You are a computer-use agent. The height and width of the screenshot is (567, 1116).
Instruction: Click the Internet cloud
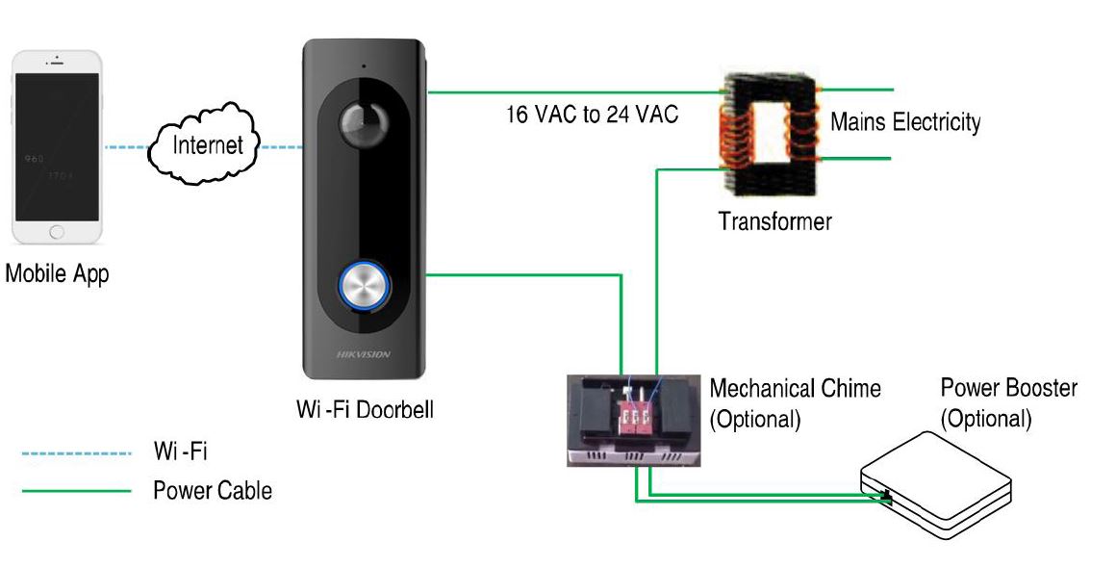click(x=205, y=146)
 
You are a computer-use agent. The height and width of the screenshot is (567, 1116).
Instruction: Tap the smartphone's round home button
click(x=57, y=232)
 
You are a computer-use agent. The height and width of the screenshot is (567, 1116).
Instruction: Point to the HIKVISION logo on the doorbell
click(x=364, y=354)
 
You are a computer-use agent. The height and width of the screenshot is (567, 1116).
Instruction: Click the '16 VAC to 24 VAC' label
click(x=593, y=115)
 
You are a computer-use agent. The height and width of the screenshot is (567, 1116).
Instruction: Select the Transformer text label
click(x=774, y=221)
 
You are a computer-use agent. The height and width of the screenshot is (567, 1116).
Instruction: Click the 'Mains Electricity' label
click(x=905, y=122)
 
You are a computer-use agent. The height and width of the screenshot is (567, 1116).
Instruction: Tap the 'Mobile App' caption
click(x=58, y=273)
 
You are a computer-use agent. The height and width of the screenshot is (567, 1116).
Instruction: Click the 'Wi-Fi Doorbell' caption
click(x=366, y=410)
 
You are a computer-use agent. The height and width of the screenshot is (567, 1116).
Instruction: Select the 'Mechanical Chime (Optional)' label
click(x=795, y=403)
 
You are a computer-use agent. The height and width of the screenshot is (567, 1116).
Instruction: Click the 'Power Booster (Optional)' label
click(x=1008, y=403)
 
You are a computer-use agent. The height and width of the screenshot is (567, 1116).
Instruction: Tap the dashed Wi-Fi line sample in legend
click(x=76, y=451)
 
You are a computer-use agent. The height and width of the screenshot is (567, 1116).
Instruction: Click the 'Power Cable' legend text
click(x=213, y=491)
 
